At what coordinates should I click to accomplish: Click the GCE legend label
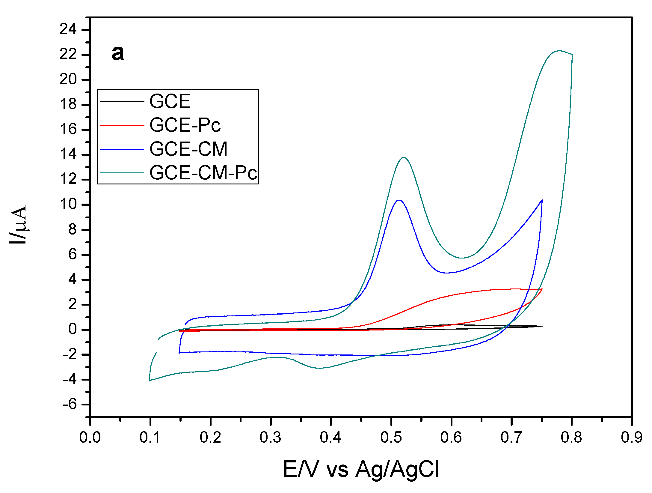point(170,101)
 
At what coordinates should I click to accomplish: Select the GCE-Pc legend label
point(185,125)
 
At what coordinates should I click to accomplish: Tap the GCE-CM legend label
point(188,149)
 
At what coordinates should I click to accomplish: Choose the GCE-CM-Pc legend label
point(203,173)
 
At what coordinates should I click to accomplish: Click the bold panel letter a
point(118,53)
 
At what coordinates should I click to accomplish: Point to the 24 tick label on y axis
point(68,30)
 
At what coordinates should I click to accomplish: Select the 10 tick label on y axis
point(68,205)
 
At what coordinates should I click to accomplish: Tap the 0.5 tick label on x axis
point(391,438)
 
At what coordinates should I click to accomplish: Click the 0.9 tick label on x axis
point(631,438)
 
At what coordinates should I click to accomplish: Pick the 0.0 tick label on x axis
point(90,438)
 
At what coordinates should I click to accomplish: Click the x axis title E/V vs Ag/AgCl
point(361,469)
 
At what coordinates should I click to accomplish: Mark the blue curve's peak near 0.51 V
point(399,200)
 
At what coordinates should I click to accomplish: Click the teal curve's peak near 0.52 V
point(404,157)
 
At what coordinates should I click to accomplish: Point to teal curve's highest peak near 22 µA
point(559,51)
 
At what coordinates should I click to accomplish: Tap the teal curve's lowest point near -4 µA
point(149,381)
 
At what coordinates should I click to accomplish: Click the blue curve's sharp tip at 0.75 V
point(542,200)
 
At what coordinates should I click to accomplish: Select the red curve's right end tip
point(542,289)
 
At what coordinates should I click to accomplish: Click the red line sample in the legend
point(122,125)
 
